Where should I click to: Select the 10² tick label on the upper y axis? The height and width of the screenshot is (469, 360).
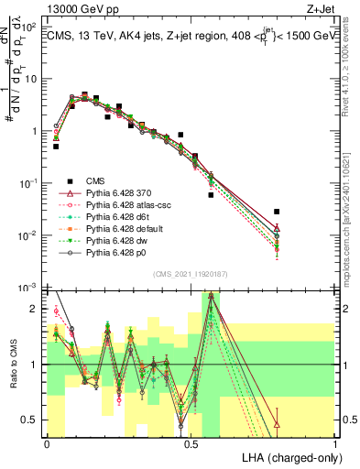28,26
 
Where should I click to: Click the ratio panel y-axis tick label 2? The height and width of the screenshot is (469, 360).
35,309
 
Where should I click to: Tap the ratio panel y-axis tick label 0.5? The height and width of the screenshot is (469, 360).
31,420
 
